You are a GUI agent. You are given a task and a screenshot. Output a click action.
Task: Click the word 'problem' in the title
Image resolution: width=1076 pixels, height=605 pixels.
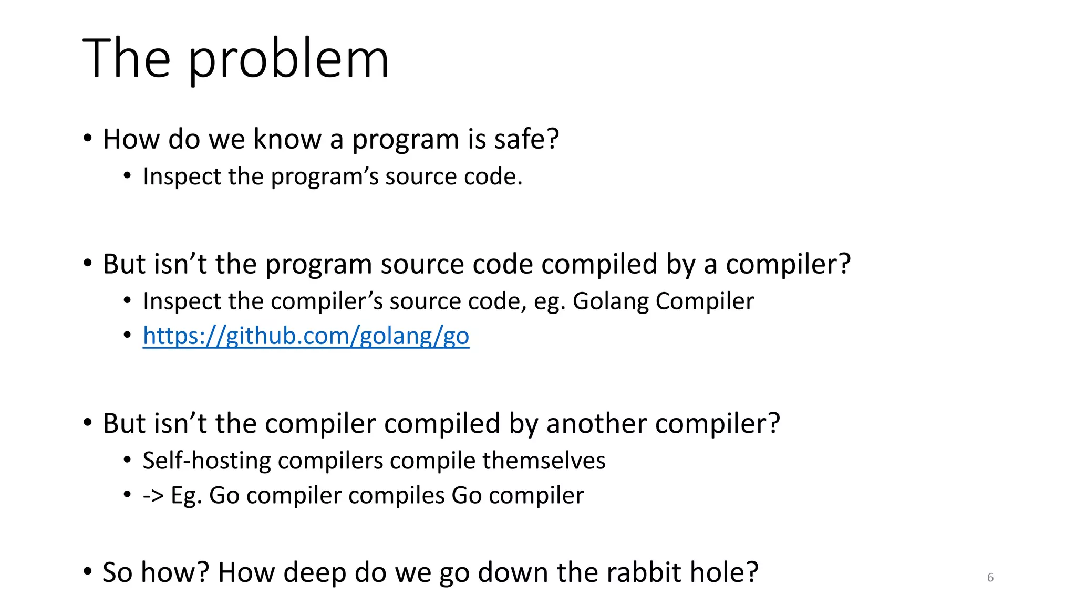click(x=288, y=59)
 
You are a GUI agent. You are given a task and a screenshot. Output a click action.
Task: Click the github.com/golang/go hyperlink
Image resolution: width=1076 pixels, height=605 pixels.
click(x=306, y=336)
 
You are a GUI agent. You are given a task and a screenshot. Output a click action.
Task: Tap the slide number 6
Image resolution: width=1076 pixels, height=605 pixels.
click(x=990, y=578)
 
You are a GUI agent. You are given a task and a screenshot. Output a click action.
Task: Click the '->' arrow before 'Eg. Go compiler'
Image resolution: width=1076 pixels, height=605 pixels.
click(x=153, y=496)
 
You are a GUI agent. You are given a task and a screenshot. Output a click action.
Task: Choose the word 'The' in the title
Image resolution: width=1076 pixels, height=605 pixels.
click(x=127, y=59)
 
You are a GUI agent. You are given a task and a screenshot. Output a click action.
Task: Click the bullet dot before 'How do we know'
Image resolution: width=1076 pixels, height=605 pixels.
click(x=88, y=139)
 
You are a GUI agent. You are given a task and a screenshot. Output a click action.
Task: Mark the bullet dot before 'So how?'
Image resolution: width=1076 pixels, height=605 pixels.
click(x=88, y=571)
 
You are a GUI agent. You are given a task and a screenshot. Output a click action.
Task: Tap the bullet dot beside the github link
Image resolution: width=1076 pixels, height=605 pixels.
click(x=127, y=335)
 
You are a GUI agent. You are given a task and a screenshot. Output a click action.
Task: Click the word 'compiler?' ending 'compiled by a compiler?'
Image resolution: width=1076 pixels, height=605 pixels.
click(x=788, y=264)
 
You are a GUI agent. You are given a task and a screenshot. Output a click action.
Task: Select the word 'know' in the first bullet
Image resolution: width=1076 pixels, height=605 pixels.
click(x=287, y=139)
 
